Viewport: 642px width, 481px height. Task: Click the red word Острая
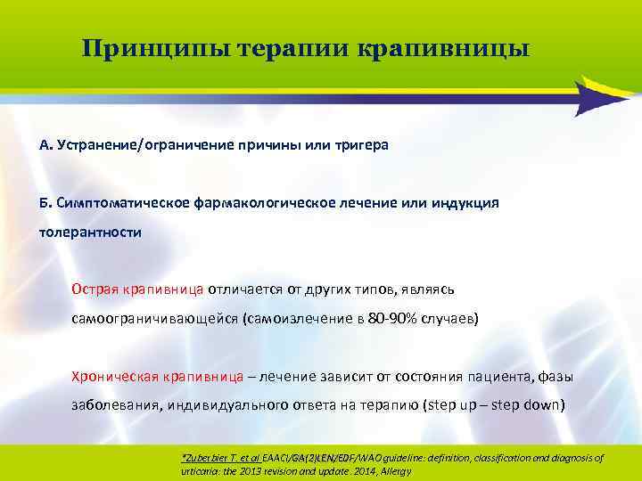pyautogui.click(x=93, y=289)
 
